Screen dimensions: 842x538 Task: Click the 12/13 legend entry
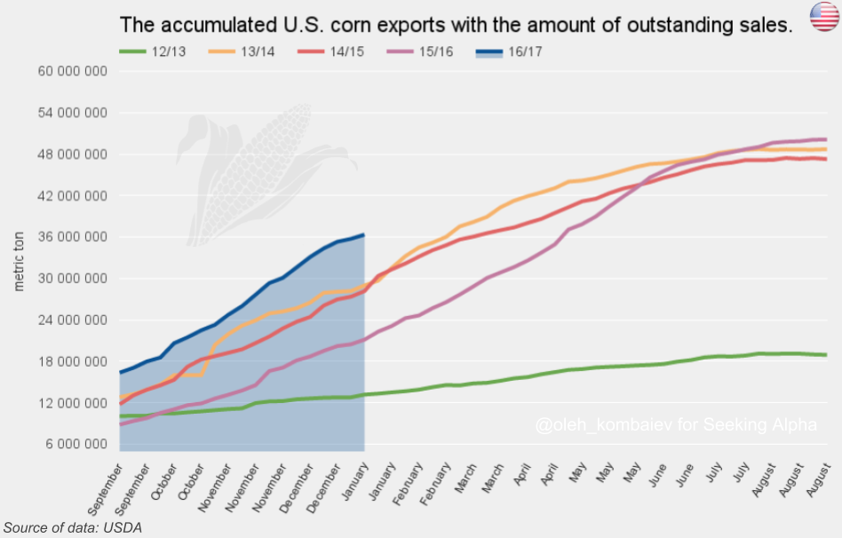point(153,51)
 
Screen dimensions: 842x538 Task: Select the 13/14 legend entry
point(242,51)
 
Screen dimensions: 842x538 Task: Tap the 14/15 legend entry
point(330,51)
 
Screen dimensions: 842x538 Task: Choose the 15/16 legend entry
point(420,51)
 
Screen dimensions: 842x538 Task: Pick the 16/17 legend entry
point(509,51)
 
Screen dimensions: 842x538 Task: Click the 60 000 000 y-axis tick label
point(73,71)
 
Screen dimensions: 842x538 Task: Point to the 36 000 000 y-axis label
point(73,237)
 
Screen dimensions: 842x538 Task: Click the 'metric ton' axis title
point(19,262)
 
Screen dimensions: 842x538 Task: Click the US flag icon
point(825,16)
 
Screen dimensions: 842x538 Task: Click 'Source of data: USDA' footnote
point(73,528)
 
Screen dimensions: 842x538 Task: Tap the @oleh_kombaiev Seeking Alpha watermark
point(676,424)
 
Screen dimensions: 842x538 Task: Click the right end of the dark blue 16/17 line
point(364,234)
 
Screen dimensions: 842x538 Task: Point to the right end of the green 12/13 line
point(826,355)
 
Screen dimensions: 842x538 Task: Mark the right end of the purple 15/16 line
point(826,139)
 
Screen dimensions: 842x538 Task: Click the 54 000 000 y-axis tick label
point(73,113)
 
